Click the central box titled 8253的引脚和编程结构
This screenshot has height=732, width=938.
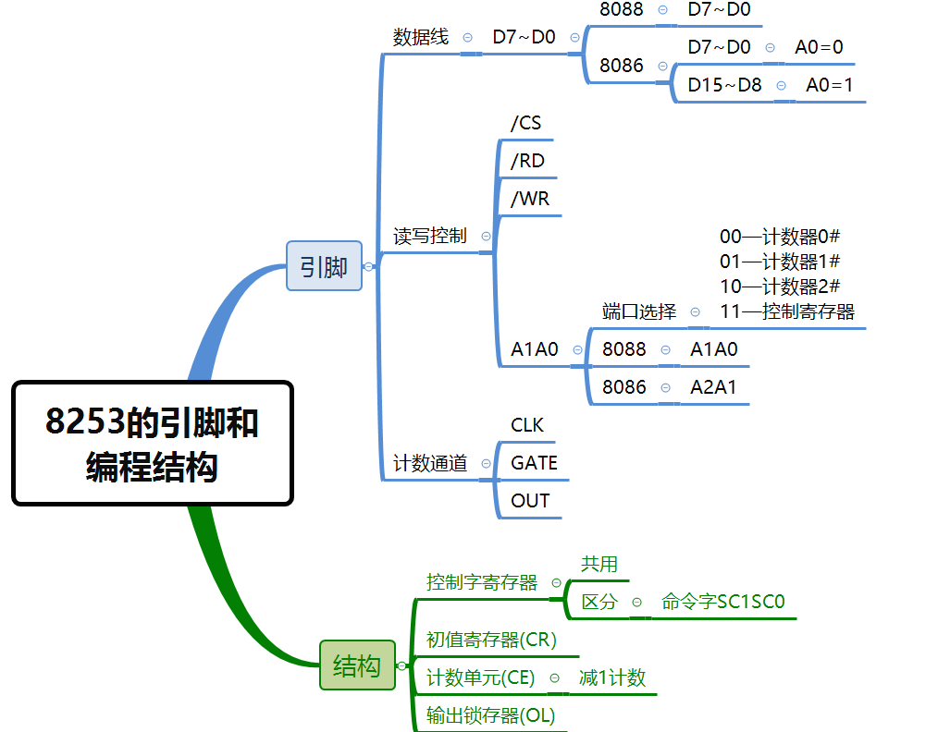point(153,444)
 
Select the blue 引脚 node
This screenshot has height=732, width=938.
point(324,266)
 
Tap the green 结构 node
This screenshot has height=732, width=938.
point(357,665)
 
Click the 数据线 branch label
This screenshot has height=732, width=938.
point(421,37)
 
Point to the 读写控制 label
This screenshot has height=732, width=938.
point(430,236)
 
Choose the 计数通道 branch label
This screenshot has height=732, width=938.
point(430,463)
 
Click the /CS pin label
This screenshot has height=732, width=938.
point(526,123)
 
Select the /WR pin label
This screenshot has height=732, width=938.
point(531,199)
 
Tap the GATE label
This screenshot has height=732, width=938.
point(535,463)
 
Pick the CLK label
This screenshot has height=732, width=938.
point(528,425)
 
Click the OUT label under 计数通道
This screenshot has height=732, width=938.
point(531,501)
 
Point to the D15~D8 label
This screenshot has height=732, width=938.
point(725,85)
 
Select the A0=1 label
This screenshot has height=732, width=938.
point(830,85)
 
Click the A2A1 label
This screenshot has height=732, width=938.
point(713,387)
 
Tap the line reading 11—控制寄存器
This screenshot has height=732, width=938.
point(787,311)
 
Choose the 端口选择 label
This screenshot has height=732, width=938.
point(639,311)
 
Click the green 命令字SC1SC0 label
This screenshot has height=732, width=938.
point(723,602)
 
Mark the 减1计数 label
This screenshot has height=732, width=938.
point(612,677)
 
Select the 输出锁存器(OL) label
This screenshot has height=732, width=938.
point(491,715)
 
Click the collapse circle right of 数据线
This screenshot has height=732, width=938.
point(467,37)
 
